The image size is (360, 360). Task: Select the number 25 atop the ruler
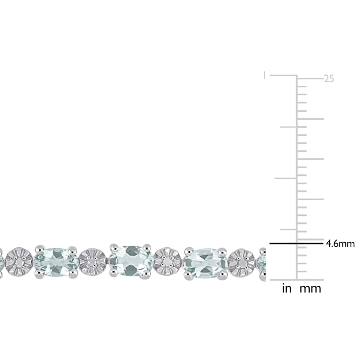tap(329, 79)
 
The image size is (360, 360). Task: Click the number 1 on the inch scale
tap(264, 76)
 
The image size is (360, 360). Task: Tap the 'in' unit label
tap(287, 289)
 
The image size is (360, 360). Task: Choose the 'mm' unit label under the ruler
tap(310, 289)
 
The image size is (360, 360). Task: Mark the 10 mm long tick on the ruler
tap(310, 199)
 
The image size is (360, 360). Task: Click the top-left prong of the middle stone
tap(114, 247)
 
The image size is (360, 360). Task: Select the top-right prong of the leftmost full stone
tap(72, 249)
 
